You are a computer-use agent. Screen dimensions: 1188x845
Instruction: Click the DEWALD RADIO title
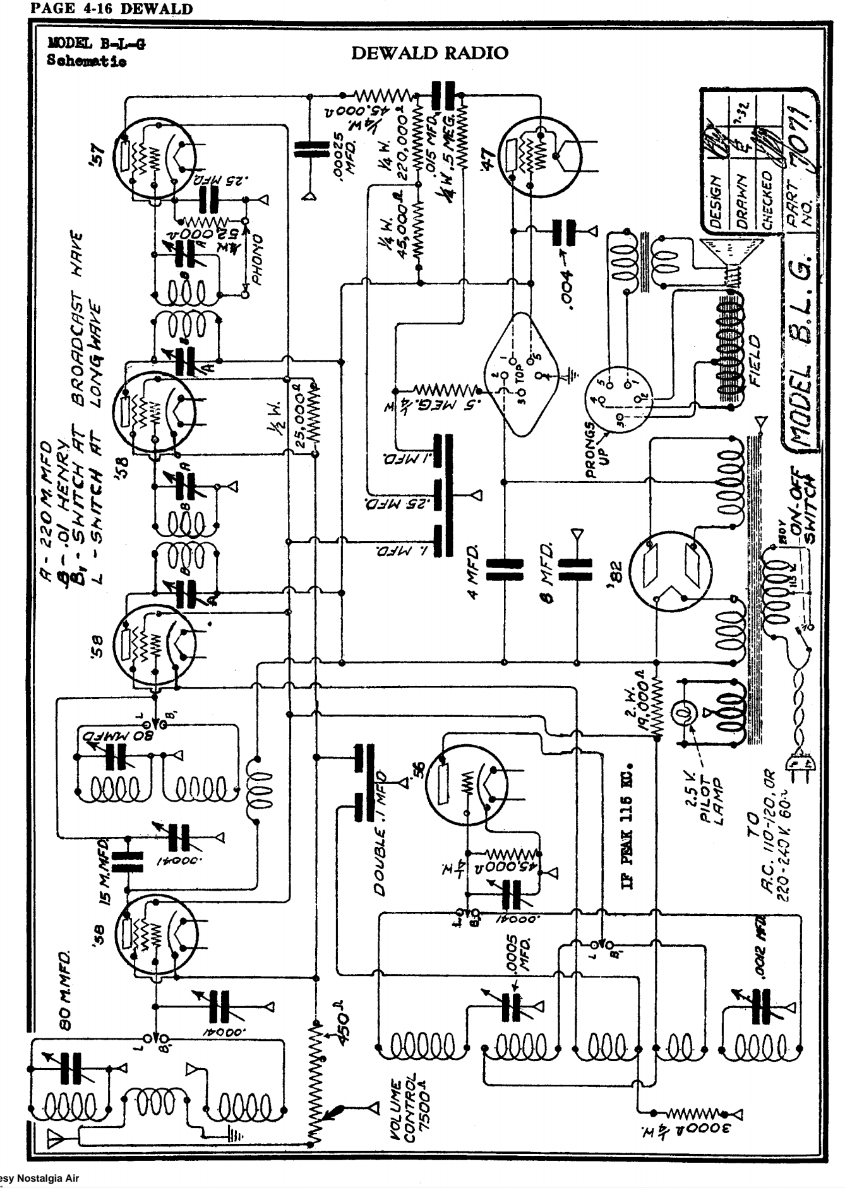point(429,53)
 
